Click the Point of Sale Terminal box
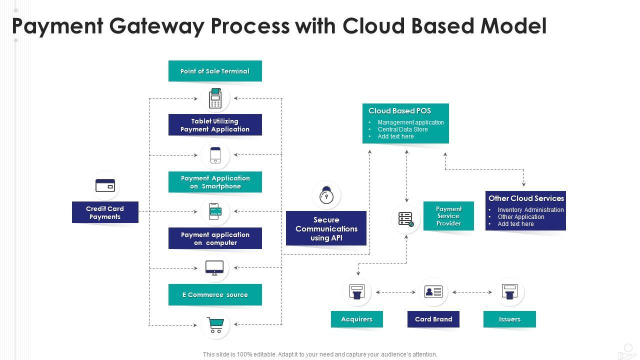[x=215, y=71]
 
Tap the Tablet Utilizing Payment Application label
[x=215, y=125]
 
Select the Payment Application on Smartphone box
[x=215, y=182]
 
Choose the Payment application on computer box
[x=215, y=238]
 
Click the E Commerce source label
[x=215, y=295]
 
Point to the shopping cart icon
[x=215, y=325]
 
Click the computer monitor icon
[x=215, y=268]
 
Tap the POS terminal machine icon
[x=215, y=98]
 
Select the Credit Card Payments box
[x=105, y=212]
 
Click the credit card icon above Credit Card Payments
[x=105, y=185]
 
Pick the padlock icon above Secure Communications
[x=326, y=195]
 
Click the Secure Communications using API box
[x=326, y=228]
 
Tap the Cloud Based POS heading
[x=399, y=111]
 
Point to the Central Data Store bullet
[x=402, y=129]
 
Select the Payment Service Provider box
[x=448, y=216]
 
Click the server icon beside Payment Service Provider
[x=406, y=219]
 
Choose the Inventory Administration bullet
[x=530, y=210]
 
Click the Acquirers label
[x=357, y=319]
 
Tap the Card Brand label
[x=433, y=319]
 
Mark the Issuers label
[x=509, y=319]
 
